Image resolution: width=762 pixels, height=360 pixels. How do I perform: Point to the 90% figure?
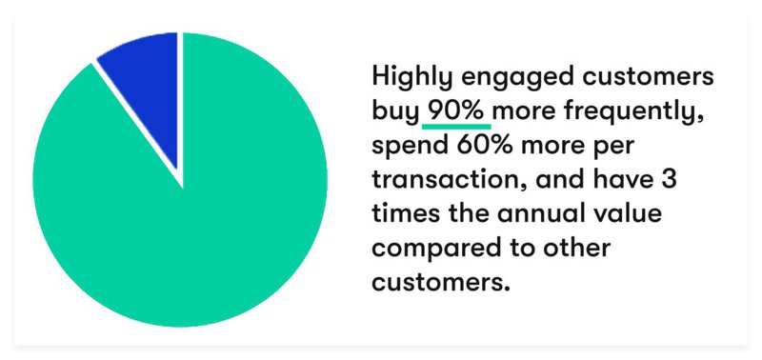(457, 111)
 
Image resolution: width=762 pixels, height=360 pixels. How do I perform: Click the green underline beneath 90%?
(457, 127)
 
